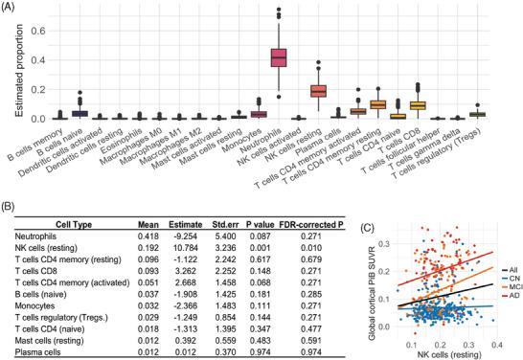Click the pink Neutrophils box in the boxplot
point(280,58)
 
